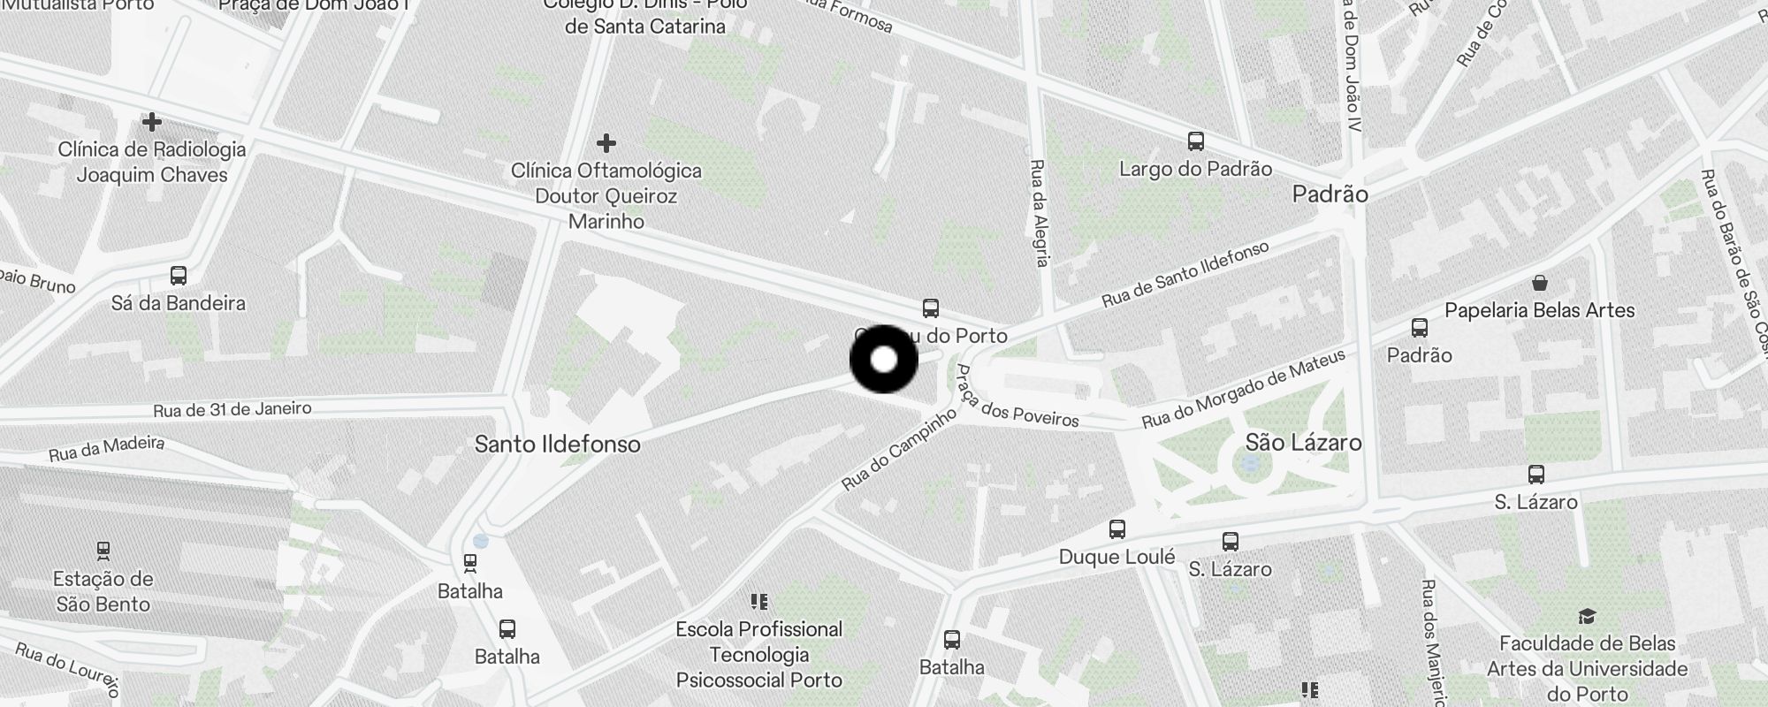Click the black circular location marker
pos(884,360)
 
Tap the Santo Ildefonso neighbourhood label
pos(557,444)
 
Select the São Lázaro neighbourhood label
pos(1303,442)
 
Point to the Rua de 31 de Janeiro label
pos(232,409)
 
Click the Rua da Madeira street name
pos(106,449)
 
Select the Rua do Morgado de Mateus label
pos(1243,389)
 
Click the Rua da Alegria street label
pos(1040,212)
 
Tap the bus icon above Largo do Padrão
pos(1195,141)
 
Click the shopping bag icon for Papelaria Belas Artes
pos(1540,283)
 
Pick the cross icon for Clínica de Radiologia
pos(152,121)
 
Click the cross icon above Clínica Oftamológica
pos(606,142)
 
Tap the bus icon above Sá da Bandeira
pos(179,276)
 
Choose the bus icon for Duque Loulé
pos(1117,529)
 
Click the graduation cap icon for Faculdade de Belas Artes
pos(1588,616)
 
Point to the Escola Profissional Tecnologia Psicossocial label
pos(758,654)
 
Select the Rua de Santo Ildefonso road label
pos(1185,274)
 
